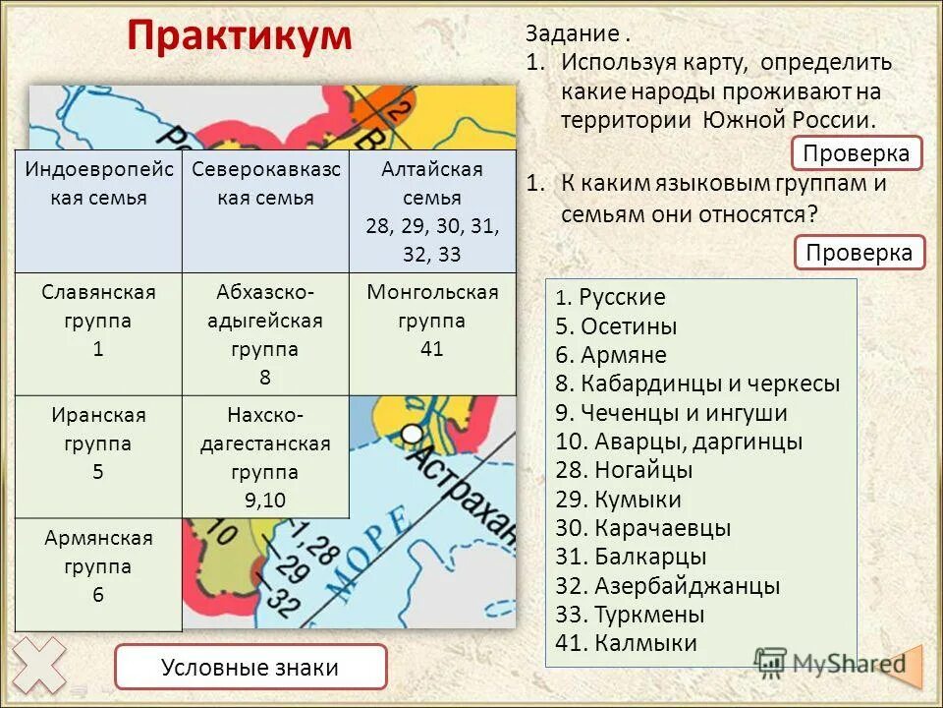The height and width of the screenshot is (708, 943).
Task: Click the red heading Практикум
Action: (239, 36)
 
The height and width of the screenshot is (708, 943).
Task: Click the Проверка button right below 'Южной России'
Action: (857, 153)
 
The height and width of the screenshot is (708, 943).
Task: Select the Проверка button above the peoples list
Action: (860, 253)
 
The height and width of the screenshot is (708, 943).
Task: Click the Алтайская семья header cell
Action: (432, 211)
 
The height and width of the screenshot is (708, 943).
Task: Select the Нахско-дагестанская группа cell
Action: (265, 457)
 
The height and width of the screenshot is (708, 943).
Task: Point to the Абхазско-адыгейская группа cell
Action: (265, 334)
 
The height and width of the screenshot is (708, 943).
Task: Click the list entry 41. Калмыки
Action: (626, 644)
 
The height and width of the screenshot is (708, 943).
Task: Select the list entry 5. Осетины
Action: (616, 326)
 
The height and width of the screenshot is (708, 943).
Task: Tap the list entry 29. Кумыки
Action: (618, 500)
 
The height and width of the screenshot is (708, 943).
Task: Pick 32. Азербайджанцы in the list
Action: (667, 587)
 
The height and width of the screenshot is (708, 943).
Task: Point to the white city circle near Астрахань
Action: (414, 433)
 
